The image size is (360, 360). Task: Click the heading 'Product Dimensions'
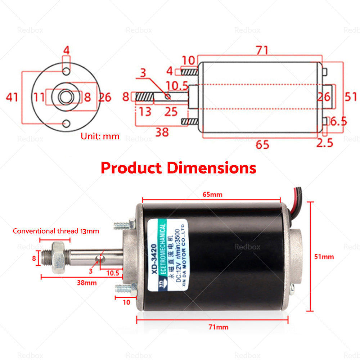pos(178,168)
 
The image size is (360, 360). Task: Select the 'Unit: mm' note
pos(100,136)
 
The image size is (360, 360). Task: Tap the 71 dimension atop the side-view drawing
pos(262,50)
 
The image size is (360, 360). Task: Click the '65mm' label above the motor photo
pos(211,195)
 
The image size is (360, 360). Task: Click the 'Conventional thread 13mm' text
pos(56,231)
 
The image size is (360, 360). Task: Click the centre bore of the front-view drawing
pos(66,97)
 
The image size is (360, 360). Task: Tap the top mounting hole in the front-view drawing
pos(66,71)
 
